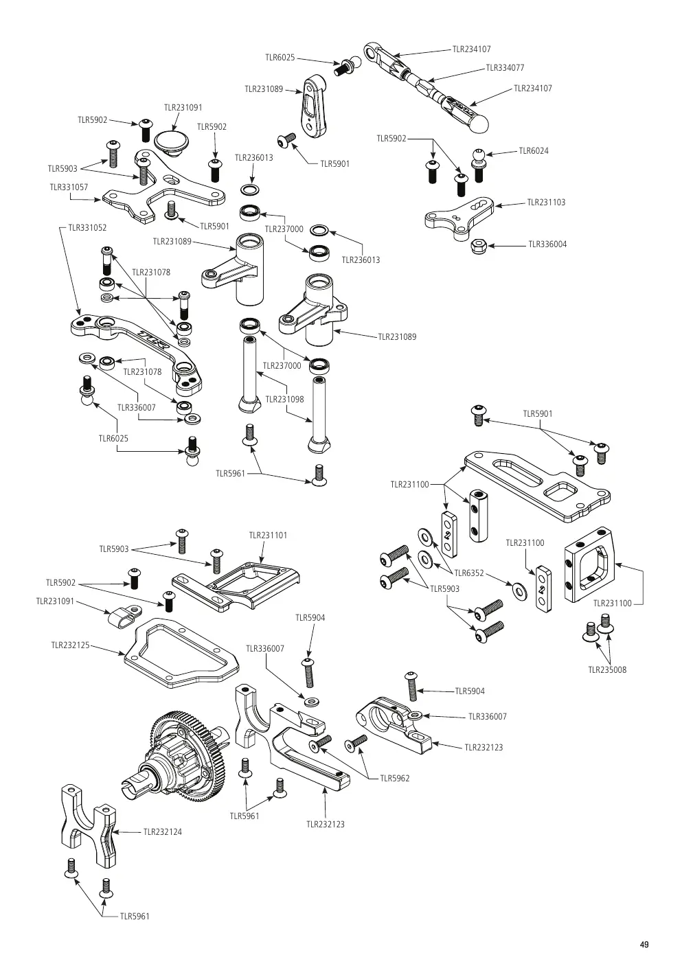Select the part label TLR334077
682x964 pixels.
(505, 67)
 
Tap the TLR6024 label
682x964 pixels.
(534, 150)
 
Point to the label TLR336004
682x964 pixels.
(547, 244)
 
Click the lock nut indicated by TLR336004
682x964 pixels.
(479, 246)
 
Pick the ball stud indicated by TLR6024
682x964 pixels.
(479, 165)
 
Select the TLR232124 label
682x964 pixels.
(163, 832)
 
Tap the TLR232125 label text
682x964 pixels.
(70, 645)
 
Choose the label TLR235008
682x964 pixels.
(607, 669)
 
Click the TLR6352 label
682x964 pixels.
(469, 573)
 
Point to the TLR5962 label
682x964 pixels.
(395, 778)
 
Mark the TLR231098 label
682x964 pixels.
(284, 400)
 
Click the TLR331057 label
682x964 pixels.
(69, 187)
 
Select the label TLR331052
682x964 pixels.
(87, 228)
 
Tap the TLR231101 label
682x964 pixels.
(268, 536)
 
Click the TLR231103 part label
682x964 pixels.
(546, 203)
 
